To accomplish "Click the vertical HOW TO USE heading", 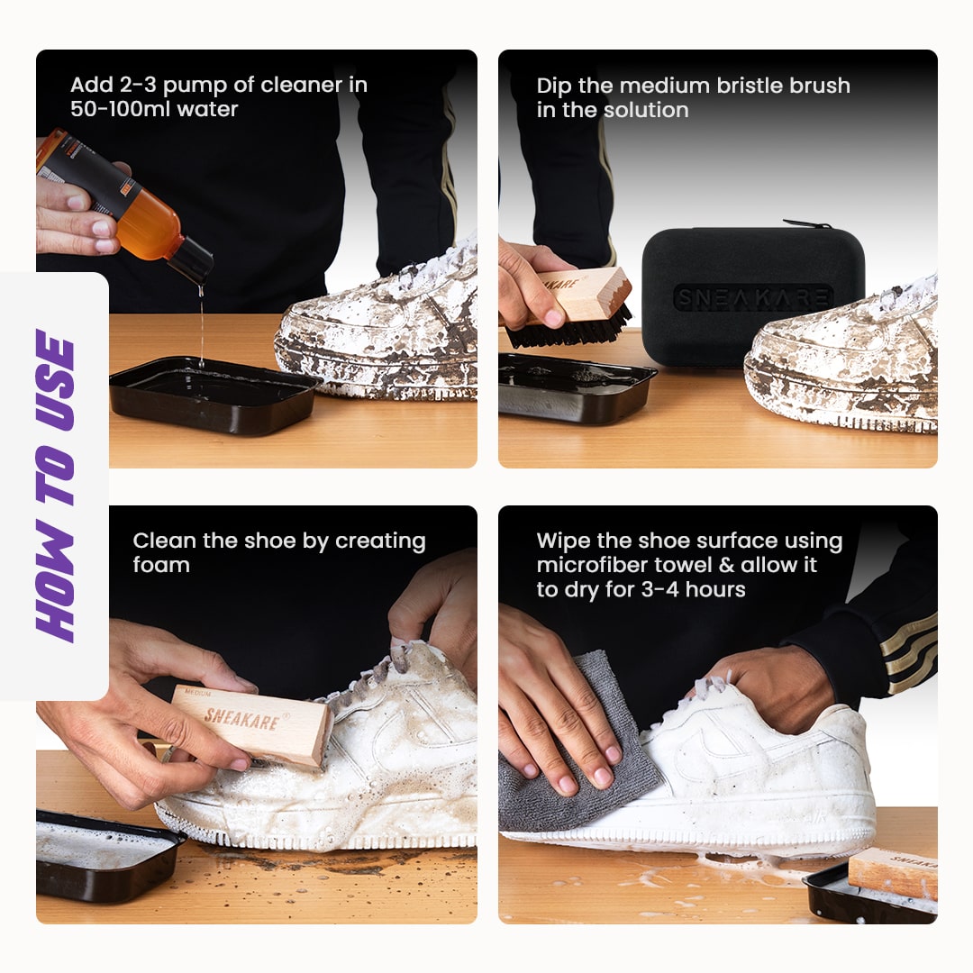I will coord(55,486).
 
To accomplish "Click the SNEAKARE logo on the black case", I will coord(753,297).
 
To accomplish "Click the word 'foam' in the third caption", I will coord(161,565).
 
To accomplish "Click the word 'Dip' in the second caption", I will coord(554,86).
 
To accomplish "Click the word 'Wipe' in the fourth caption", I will coord(561,541).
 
